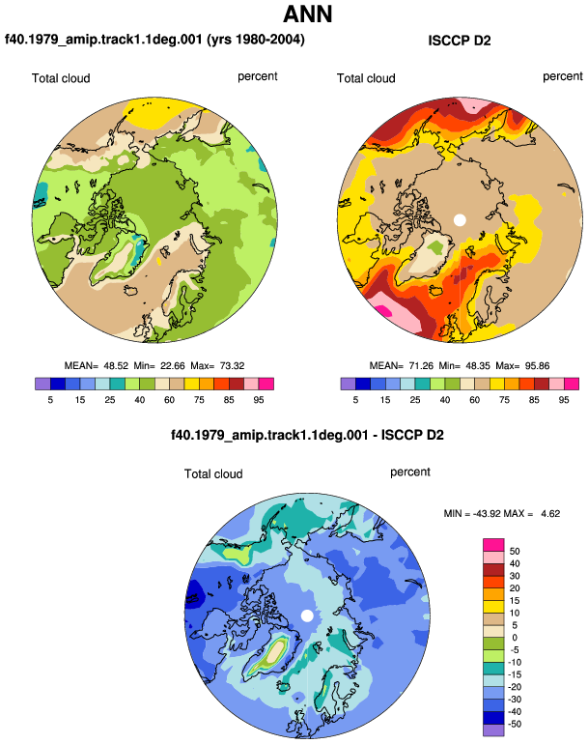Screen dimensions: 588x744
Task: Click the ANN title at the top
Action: [307, 14]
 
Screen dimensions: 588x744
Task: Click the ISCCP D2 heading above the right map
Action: [459, 41]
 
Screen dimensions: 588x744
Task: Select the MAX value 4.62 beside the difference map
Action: [550, 514]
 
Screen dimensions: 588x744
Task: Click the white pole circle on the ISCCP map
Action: [460, 220]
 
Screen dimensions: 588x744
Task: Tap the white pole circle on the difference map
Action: [307, 615]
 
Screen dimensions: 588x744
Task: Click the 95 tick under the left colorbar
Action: [259, 400]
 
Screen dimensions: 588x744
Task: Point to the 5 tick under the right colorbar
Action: [355, 400]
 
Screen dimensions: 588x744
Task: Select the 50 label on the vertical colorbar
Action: [515, 552]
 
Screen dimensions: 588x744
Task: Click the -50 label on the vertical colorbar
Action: [515, 724]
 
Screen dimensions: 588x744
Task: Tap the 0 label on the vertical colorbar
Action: [515, 638]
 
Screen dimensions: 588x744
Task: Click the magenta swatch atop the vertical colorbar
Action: [493, 545]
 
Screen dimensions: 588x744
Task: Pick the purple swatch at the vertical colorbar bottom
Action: [493, 730]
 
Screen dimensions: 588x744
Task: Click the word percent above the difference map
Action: [410, 472]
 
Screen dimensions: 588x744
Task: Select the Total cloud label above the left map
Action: [61, 78]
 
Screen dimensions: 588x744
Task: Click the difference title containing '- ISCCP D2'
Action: [307, 435]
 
